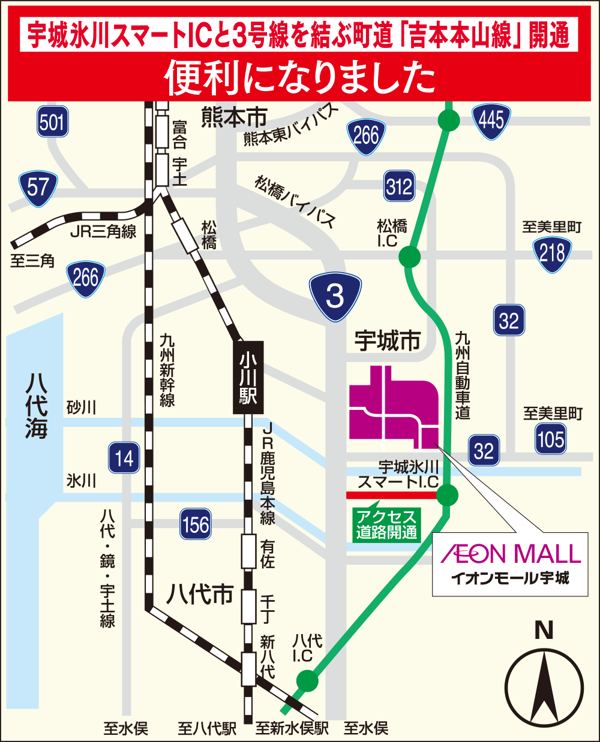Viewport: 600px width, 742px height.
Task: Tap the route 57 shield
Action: coord(38,188)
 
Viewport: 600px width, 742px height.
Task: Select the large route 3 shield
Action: coord(335,295)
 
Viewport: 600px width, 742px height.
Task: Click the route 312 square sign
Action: coord(399,186)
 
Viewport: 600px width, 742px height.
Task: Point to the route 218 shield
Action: coord(552,253)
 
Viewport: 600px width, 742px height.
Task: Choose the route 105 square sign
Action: coord(551,439)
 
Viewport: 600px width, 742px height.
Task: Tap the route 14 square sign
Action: coord(124,459)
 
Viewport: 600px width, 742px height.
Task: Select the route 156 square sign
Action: coord(196,524)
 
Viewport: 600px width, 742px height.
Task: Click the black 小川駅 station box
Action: coord(248,378)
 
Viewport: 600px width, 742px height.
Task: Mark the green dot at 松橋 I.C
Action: coord(410,257)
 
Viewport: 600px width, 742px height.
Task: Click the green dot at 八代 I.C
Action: coord(308,681)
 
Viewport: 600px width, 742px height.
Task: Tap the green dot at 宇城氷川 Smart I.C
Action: coord(447,495)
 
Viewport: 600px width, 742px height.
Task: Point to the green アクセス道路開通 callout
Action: coord(386,524)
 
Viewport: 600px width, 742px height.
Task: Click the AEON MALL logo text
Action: coord(511,554)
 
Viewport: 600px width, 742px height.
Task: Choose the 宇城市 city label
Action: coord(387,341)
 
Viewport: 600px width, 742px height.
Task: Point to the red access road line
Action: coord(390,495)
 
